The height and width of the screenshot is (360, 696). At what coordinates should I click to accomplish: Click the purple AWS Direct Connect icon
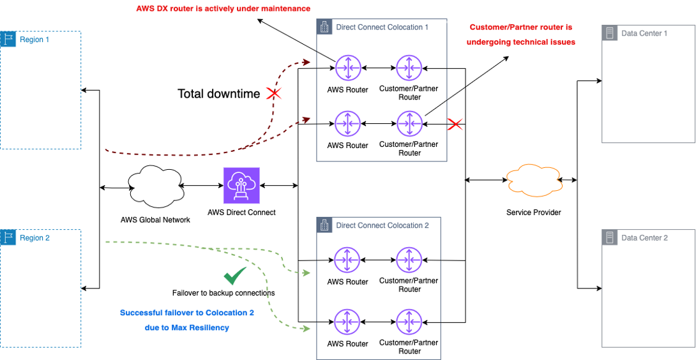click(x=241, y=185)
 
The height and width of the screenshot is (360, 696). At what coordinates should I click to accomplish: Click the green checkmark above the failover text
click(x=234, y=276)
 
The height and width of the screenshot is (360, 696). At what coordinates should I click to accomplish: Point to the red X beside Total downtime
click(x=274, y=94)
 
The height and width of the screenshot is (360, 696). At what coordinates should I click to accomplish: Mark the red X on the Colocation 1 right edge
click(x=455, y=124)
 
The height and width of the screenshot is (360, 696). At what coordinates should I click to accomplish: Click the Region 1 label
click(x=34, y=40)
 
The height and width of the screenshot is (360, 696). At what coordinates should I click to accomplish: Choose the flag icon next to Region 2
click(x=9, y=237)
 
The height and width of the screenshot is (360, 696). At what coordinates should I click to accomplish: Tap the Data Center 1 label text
click(x=644, y=33)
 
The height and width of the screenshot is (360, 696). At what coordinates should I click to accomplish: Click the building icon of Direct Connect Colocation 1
click(x=324, y=27)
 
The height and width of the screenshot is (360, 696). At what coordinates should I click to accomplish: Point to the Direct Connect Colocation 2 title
click(x=382, y=225)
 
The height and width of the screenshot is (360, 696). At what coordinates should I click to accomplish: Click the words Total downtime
click(x=218, y=94)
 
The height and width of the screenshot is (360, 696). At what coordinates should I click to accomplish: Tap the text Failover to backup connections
click(x=223, y=293)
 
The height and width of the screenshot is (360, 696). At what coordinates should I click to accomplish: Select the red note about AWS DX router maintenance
click(x=223, y=9)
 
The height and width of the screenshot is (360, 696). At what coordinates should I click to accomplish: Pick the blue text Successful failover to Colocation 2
click(x=186, y=313)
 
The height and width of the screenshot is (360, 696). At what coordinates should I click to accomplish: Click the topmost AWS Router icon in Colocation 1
click(x=347, y=67)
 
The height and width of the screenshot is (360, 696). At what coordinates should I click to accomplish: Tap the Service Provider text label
click(x=533, y=212)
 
